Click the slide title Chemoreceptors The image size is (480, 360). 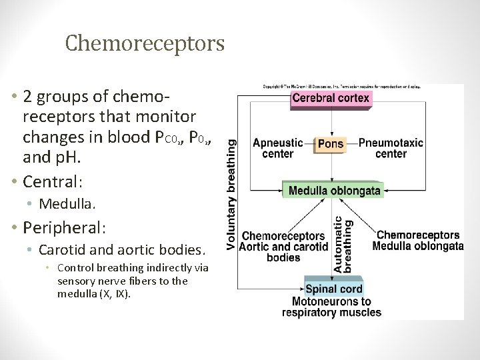[145, 43]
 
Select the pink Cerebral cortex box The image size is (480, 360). [331, 98]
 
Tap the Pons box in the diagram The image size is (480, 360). [331, 143]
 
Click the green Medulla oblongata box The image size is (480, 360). [334, 190]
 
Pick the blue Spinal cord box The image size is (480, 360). [333, 289]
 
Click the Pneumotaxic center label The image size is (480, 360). [391, 148]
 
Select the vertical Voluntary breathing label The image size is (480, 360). [231, 195]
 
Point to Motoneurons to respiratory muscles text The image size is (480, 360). [331, 307]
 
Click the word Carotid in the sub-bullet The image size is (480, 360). [62, 250]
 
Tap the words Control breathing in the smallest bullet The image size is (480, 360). [98, 268]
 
